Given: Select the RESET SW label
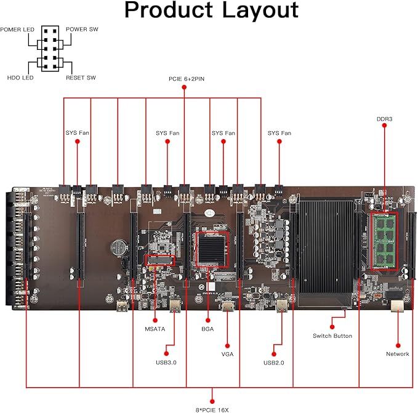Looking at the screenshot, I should pyautogui.click(x=80, y=78).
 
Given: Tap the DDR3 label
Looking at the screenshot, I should pyautogui.click(x=384, y=119).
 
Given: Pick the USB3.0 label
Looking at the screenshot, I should pyautogui.click(x=166, y=363).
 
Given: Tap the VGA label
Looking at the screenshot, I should pyautogui.click(x=227, y=354).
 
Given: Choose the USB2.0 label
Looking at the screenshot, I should pyautogui.click(x=273, y=363).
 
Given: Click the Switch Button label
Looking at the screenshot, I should pyautogui.click(x=333, y=335).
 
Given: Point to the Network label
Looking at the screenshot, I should pyautogui.click(x=398, y=354).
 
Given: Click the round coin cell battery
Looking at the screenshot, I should pyautogui.click(x=118, y=247).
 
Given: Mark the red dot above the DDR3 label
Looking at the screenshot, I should pyautogui.click(x=384, y=126).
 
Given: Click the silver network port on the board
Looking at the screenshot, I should pyautogui.click(x=397, y=305).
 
